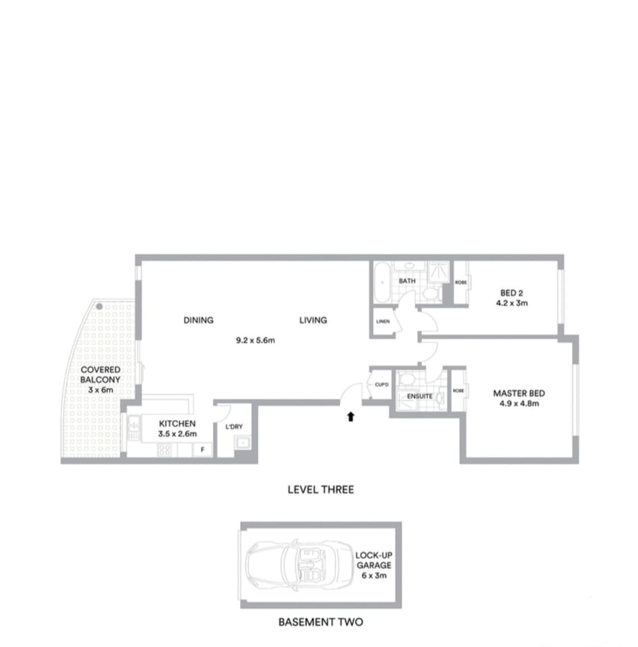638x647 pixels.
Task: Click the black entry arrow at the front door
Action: click(350, 417)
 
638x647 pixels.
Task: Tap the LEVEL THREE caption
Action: click(320, 489)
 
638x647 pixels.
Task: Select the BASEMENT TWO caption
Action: click(320, 622)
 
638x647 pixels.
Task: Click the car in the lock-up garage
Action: click(291, 564)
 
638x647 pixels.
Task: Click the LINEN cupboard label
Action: click(383, 321)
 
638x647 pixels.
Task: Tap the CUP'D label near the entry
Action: click(382, 384)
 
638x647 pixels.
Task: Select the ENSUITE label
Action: click(419, 396)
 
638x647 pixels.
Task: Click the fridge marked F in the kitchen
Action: click(202, 450)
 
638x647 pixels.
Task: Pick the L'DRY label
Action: click(234, 427)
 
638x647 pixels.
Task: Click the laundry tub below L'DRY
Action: click(242, 443)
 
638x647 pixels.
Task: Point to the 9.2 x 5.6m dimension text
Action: click(256, 341)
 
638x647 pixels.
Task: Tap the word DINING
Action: click(198, 320)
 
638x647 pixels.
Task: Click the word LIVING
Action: click(313, 320)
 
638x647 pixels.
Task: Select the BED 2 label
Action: click(512, 293)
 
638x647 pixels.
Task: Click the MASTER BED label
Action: click(519, 394)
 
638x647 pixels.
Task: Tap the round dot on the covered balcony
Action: click(99, 307)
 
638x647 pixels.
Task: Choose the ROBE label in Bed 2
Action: click(461, 282)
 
